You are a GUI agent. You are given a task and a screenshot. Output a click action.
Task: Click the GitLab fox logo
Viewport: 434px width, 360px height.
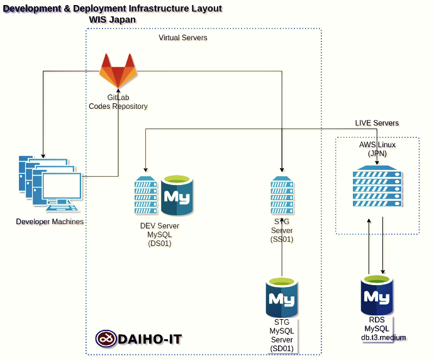[x=118, y=71]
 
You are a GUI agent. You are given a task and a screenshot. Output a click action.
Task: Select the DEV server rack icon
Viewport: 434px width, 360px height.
[x=145, y=195]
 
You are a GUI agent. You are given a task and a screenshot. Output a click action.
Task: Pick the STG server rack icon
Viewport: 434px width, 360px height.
[x=281, y=194]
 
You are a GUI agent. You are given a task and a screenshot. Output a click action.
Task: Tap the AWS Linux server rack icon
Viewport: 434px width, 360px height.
[x=376, y=187]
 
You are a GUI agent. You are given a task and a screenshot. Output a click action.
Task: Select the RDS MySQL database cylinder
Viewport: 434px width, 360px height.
[x=377, y=296]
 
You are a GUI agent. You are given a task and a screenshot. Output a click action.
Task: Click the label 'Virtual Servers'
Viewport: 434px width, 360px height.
[x=182, y=38]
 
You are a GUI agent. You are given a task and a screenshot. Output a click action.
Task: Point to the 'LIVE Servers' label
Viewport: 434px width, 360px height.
[x=377, y=123]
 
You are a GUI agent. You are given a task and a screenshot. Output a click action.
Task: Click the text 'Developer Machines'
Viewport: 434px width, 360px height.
[x=50, y=222]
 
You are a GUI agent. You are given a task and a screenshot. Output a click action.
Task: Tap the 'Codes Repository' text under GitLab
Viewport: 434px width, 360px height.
[x=118, y=106]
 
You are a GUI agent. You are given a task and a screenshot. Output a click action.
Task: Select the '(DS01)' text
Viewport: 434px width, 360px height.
[x=159, y=243]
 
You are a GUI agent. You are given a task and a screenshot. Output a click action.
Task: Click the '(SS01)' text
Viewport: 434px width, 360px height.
[x=281, y=239]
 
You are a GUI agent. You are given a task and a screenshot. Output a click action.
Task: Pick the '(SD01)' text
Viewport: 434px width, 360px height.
[x=281, y=347]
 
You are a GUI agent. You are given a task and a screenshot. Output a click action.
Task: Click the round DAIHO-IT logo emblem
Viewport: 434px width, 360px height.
[x=106, y=339]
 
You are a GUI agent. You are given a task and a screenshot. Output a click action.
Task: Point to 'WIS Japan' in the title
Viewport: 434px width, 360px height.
[x=113, y=20]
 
